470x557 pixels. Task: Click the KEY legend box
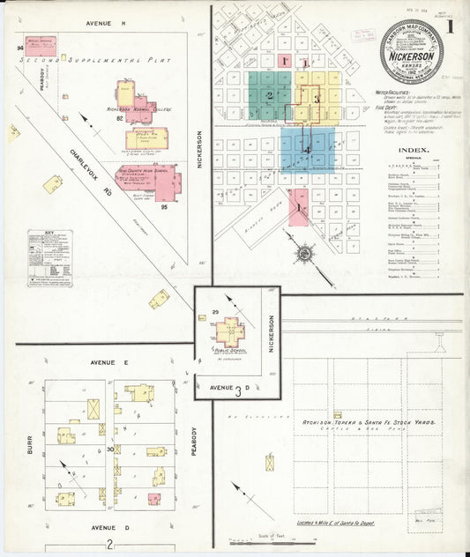pos(48,258)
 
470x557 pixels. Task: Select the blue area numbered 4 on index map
pos(307,149)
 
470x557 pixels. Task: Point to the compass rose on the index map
pos(305,256)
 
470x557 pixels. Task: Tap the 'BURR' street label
pos(30,452)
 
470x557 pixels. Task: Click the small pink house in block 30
pos(154,499)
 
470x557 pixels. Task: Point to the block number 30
pos(110,448)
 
